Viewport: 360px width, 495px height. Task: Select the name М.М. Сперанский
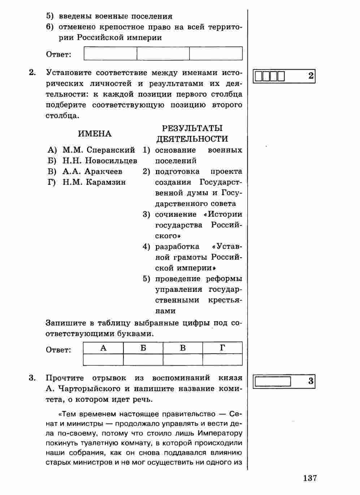99,150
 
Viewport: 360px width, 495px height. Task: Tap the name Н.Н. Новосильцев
100,161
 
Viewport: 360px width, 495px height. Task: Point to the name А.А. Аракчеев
92,171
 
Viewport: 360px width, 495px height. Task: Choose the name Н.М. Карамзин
94,182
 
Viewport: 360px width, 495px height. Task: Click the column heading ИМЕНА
95,134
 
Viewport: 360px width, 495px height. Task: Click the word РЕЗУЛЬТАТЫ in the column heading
192,128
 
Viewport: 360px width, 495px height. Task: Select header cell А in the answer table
103,348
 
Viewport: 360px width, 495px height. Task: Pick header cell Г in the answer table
222,348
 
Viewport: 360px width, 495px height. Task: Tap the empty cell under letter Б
143,360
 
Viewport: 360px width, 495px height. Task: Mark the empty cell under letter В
183,360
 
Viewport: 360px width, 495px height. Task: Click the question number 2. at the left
32,73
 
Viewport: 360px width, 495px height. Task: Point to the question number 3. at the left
32,378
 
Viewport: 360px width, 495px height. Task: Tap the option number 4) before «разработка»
146,247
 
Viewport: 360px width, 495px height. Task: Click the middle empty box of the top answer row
163,53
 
